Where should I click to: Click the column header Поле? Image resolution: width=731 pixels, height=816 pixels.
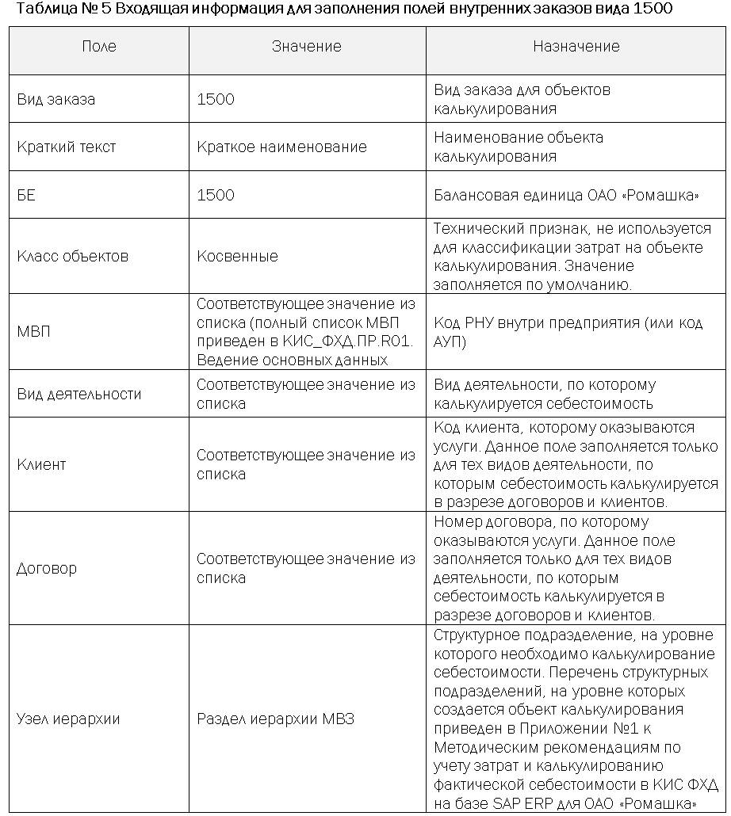click(99, 47)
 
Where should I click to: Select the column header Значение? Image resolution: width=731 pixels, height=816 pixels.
click(306, 47)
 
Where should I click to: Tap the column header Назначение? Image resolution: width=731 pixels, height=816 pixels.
click(576, 47)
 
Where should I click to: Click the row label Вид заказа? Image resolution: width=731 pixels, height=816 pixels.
click(55, 100)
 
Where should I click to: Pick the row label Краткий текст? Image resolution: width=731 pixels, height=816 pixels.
click(66, 147)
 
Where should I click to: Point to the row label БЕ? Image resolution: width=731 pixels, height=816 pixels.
click(26, 195)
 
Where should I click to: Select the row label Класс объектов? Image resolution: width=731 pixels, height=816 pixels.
click(72, 257)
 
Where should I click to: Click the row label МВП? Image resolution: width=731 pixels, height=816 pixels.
click(33, 332)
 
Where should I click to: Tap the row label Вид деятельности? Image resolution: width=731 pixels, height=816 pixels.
click(78, 395)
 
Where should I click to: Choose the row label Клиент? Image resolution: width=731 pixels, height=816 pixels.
click(41, 465)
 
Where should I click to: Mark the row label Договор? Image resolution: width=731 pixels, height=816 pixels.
click(47, 569)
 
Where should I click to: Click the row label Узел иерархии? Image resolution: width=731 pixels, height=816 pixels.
click(68, 719)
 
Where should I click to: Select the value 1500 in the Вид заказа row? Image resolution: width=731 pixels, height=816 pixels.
click(216, 100)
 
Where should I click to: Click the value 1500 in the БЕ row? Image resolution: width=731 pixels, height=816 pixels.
click(216, 195)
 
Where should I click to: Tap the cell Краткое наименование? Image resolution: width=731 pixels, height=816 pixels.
click(281, 147)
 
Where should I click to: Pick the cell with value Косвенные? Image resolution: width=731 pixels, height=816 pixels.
click(237, 257)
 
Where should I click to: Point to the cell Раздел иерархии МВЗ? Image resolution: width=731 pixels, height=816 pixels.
click(275, 719)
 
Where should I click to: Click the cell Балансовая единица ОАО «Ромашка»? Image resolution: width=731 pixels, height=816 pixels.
click(567, 195)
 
